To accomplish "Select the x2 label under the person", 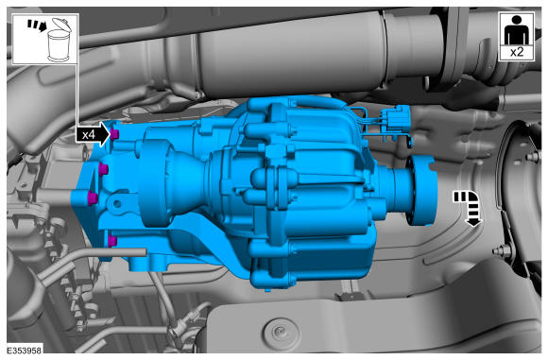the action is [517, 52].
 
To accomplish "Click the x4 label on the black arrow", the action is [89, 134].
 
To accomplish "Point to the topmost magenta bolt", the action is [114, 133].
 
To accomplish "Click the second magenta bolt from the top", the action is [103, 169].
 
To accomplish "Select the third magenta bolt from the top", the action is [93, 197].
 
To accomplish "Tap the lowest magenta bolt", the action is [112, 241].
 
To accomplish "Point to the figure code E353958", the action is [25, 350].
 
